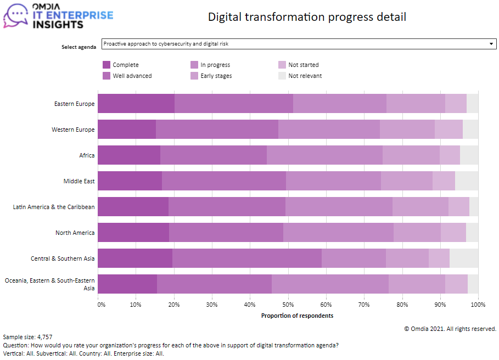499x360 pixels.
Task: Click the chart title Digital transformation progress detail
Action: click(x=307, y=17)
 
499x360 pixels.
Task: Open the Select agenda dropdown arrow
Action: click(x=491, y=44)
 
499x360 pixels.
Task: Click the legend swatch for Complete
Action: click(x=106, y=65)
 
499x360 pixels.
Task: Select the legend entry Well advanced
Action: click(x=132, y=76)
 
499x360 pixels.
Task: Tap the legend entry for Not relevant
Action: click(x=305, y=76)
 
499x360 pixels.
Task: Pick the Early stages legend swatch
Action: click(x=194, y=76)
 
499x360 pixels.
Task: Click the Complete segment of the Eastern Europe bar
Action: click(x=136, y=104)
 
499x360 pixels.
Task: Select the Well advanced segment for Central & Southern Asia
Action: click(x=247, y=258)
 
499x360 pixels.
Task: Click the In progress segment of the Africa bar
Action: click(x=324, y=155)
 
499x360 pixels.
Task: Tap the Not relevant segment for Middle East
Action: click(x=467, y=181)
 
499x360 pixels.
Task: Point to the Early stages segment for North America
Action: click(x=417, y=233)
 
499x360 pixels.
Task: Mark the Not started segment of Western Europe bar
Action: click(x=448, y=130)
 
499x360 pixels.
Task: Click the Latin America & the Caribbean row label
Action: click(x=54, y=207)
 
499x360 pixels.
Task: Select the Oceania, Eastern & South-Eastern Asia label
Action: click(x=50, y=284)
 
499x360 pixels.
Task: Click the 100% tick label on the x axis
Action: click(x=478, y=304)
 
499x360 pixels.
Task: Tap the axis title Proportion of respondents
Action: click(x=297, y=316)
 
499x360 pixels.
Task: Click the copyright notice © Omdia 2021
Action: click(x=450, y=329)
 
